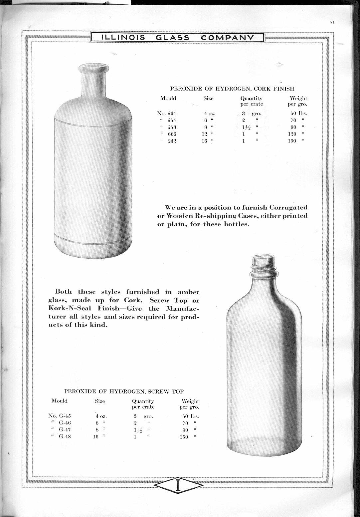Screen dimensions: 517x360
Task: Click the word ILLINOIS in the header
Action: [123, 38]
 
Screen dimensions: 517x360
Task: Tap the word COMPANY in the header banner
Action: [227, 38]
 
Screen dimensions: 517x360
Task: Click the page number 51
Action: [332, 23]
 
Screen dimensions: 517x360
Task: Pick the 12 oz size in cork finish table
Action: [206, 134]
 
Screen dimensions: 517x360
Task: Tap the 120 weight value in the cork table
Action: [292, 134]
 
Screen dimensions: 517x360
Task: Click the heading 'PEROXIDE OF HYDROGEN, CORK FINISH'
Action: [232, 89]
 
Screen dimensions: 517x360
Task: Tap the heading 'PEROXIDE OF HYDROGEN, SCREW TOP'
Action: [123, 391]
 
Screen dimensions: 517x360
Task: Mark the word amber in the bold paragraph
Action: [188, 292]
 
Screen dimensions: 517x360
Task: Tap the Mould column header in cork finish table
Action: [168, 99]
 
